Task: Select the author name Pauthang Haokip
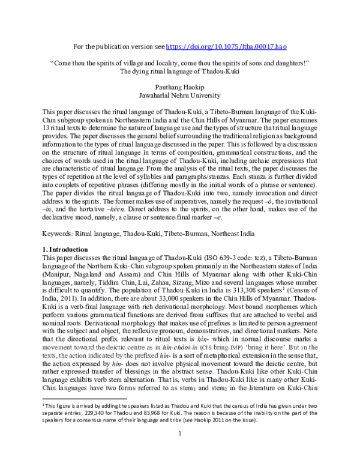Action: (x=179, y=86)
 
